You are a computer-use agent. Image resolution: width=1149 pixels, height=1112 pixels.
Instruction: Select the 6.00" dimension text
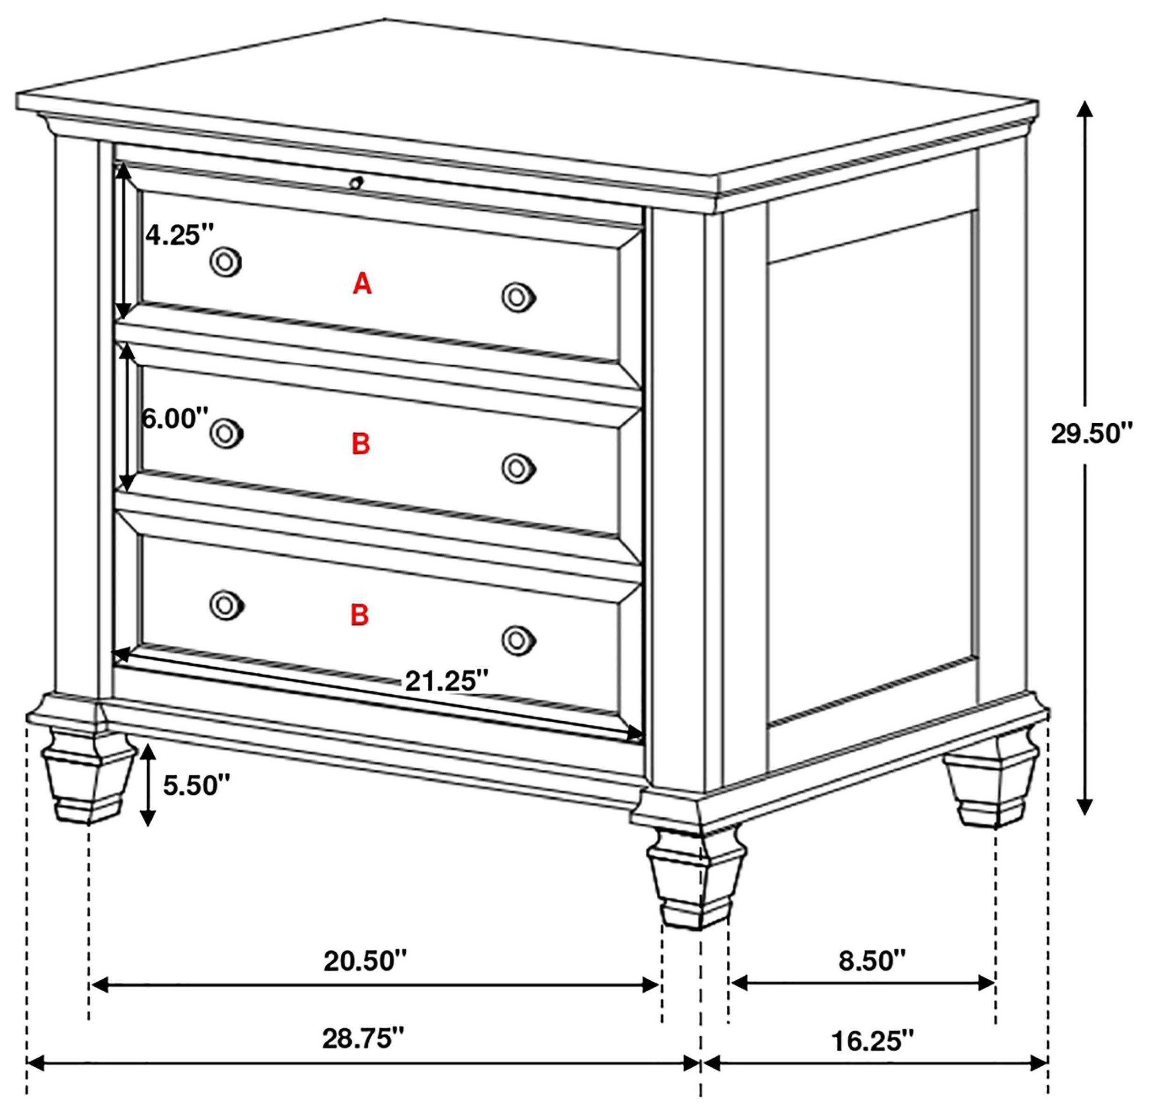click(175, 419)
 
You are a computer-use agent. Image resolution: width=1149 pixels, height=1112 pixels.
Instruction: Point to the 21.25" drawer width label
click(447, 681)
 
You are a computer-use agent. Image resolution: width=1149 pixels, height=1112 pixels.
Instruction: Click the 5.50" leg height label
click(196, 785)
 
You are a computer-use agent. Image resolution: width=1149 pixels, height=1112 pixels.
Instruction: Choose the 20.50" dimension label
click(365, 961)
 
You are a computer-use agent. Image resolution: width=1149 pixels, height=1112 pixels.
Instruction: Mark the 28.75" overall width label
click(363, 1039)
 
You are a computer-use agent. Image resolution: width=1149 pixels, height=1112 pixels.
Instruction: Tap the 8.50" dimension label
click(872, 961)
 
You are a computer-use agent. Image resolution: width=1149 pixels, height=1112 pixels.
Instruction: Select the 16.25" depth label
click(872, 1041)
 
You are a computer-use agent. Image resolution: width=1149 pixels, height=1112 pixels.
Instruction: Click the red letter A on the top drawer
click(362, 284)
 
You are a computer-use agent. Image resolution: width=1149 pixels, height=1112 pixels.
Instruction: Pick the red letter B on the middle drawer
click(360, 444)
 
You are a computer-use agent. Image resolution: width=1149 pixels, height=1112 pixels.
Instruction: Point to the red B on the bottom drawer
click(359, 615)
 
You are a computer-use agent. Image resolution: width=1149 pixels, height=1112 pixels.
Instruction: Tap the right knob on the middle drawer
click(518, 468)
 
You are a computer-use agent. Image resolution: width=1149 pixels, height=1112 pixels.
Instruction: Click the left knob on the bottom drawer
click(226, 605)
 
